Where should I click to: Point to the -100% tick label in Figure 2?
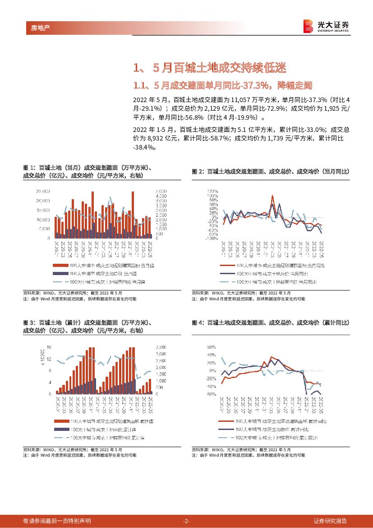coord(212,238)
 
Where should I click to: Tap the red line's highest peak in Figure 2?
coord(272,196)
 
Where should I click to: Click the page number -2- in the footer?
coord(186,521)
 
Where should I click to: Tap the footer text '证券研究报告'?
coord(330,521)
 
